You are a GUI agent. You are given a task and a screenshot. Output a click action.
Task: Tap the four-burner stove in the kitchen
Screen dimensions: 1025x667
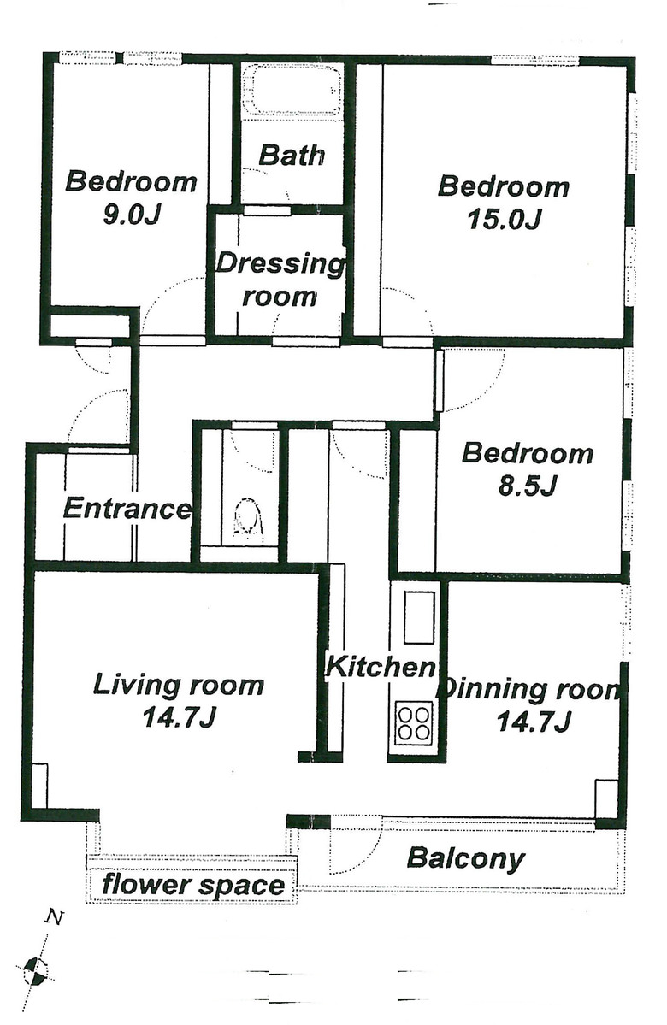pyautogui.click(x=414, y=722)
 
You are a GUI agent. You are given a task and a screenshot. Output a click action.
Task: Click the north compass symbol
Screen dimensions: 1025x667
pyautogui.click(x=36, y=969)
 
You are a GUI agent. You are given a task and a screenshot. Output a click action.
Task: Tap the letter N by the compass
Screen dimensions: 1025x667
pyautogui.click(x=55, y=919)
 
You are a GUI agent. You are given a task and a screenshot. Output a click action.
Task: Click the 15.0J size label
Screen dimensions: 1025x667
pyautogui.click(x=504, y=219)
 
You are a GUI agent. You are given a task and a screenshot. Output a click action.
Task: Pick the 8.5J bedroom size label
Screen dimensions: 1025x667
pyautogui.click(x=527, y=486)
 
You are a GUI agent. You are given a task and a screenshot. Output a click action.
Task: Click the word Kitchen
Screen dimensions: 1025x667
pyautogui.click(x=381, y=667)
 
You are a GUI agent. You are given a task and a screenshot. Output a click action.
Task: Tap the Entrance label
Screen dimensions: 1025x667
pyautogui.click(x=127, y=509)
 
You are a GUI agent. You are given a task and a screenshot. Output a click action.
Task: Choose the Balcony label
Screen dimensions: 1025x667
pyautogui.click(x=465, y=858)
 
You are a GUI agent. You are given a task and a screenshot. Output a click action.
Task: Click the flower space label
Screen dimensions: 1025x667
pyautogui.click(x=193, y=885)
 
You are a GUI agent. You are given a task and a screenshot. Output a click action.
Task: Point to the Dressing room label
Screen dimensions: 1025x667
pyautogui.click(x=280, y=280)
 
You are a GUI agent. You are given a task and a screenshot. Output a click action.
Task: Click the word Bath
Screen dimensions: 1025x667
pyautogui.click(x=292, y=156)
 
